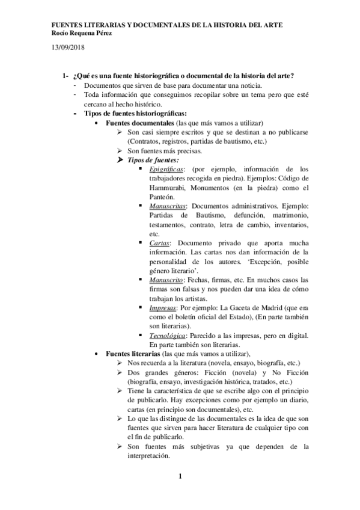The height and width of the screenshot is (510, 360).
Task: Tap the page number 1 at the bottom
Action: coord(180,477)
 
